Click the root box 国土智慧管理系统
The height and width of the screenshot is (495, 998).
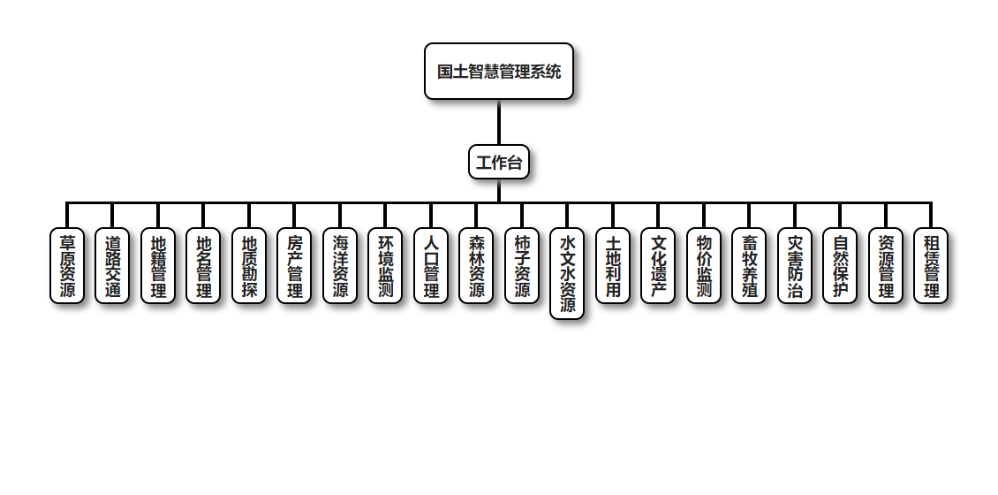tap(499, 72)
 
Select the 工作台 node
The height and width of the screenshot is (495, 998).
tap(499, 162)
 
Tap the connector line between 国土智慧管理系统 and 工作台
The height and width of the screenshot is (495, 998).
tap(499, 122)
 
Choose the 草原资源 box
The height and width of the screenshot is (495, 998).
tap(67, 266)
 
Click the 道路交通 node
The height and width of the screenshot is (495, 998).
tap(112, 266)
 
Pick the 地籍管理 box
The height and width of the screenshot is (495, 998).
tap(158, 266)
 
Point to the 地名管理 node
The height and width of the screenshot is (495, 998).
tap(203, 266)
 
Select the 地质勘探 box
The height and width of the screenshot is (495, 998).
tap(249, 266)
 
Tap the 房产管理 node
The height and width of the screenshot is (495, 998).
tap(294, 266)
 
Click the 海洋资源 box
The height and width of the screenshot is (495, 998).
tap(340, 266)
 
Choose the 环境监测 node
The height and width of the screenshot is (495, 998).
tap(385, 266)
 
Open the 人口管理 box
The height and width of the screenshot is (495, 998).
tap(431, 266)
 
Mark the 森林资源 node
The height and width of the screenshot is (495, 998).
tap(476, 266)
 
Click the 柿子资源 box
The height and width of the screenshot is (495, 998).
tap(522, 266)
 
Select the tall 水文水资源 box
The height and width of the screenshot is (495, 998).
tap(567, 274)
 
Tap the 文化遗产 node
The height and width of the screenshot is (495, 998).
tap(658, 266)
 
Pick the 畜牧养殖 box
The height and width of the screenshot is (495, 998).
tap(749, 266)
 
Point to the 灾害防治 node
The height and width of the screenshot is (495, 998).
tap(795, 266)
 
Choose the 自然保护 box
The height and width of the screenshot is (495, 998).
tap(840, 266)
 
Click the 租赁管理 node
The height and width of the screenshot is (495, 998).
tap(931, 266)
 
